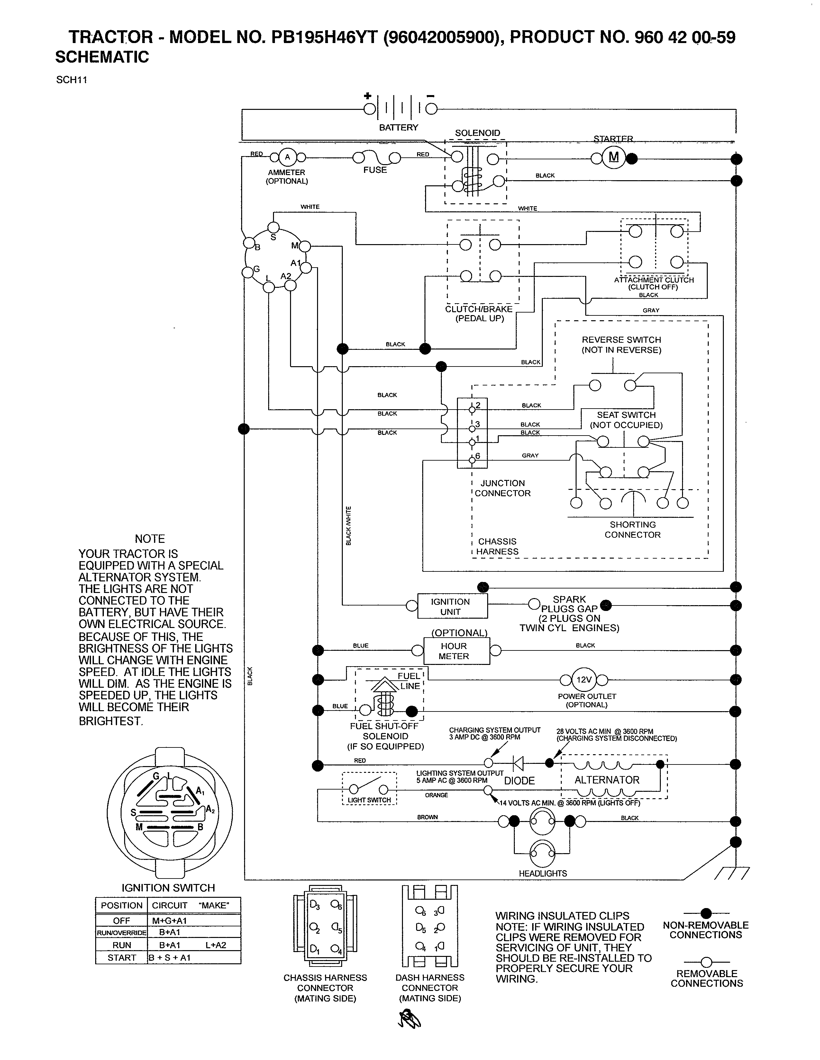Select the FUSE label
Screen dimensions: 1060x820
(x=375, y=170)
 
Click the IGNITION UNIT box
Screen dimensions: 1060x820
(x=452, y=606)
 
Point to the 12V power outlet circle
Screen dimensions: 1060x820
(x=583, y=679)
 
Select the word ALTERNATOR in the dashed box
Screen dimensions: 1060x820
(x=607, y=780)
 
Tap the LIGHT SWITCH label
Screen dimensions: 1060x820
(x=369, y=800)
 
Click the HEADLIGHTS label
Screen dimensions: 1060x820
(x=542, y=873)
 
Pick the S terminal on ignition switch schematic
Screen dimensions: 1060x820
(x=274, y=228)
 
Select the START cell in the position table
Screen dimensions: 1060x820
(x=122, y=958)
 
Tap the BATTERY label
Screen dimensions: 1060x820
(x=398, y=127)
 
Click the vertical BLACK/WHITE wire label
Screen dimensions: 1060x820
(x=348, y=525)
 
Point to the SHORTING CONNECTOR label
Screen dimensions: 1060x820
(x=633, y=529)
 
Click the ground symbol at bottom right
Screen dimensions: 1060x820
(x=732, y=873)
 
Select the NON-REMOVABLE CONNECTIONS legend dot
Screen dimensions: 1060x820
(x=706, y=913)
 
